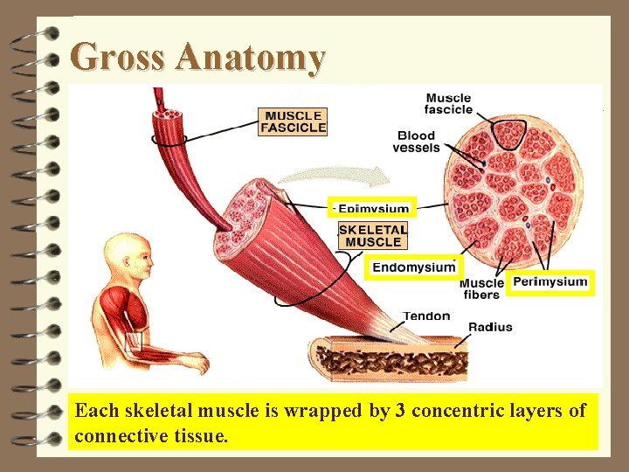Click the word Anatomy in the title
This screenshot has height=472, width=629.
click(x=250, y=59)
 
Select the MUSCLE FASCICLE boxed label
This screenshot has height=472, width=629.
click(x=294, y=121)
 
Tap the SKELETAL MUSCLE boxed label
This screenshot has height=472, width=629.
click(x=373, y=235)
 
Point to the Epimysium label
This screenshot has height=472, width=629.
click(x=373, y=209)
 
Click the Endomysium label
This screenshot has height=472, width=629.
click(x=414, y=267)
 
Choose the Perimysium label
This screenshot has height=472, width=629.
click(x=550, y=281)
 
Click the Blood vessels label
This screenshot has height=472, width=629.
click(x=416, y=142)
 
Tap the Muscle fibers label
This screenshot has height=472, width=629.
click(x=481, y=288)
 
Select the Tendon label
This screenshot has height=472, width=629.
click(x=426, y=316)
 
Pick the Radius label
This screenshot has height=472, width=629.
click(x=490, y=327)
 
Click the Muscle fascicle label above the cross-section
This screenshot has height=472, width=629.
click(x=448, y=103)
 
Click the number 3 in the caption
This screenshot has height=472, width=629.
click(x=400, y=411)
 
